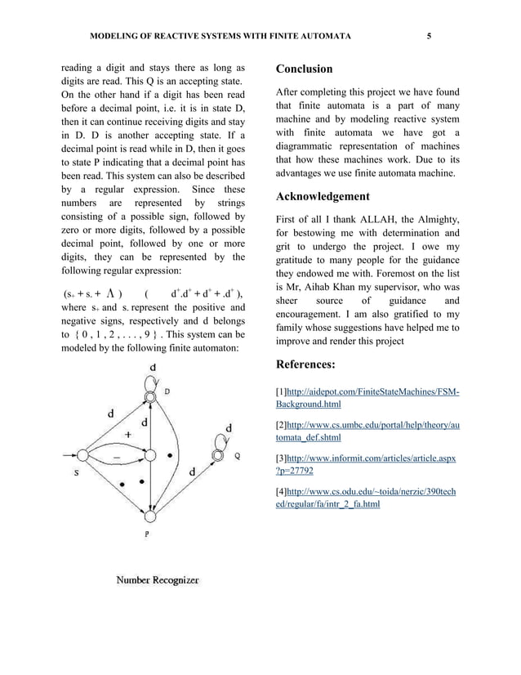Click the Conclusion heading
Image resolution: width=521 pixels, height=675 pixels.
(305, 69)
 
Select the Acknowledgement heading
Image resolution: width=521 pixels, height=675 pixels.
(323, 196)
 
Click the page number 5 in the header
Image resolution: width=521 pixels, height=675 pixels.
(429, 37)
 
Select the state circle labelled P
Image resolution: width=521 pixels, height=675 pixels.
(149, 516)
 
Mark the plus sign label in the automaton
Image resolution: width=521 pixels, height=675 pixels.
(127, 435)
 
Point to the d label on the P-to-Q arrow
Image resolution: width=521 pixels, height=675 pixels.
(193, 472)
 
